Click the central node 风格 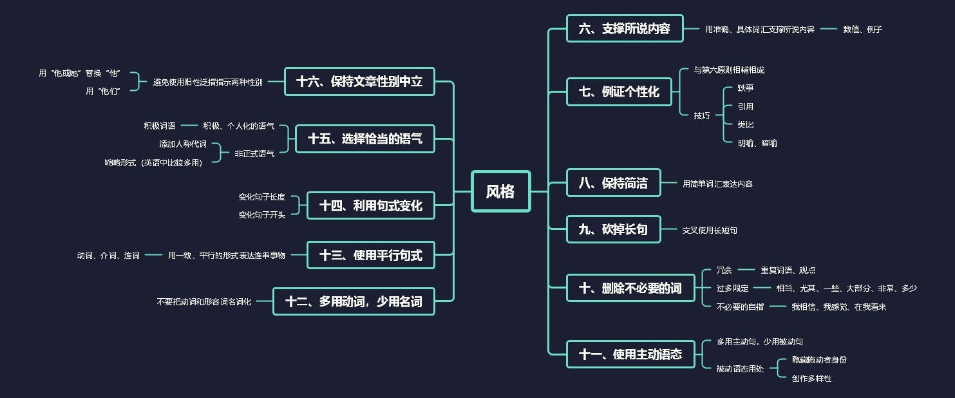tap(500, 191)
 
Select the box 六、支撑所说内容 tap(624, 28)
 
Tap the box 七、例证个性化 tap(618, 91)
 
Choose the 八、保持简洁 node tap(613, 183)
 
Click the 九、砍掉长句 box tap(613, 229)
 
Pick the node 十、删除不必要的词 tap(630, 288)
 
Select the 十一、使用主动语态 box tap(630, 354)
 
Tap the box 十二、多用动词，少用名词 tap(354, 301)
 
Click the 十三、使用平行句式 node tap(370, 255)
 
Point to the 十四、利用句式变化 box tap(370, 205)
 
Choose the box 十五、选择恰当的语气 tap(364, 138)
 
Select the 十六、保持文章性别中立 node tap(359, 81)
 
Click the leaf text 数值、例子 tap(862, 29)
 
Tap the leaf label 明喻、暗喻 tap(757, 143)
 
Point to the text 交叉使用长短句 tap(710, 230)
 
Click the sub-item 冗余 tap(724, 270)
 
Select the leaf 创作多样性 tap(811, 379)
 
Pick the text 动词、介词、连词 tap(108, 256)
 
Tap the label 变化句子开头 tap(261, 215)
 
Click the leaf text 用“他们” tap(103, 91)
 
